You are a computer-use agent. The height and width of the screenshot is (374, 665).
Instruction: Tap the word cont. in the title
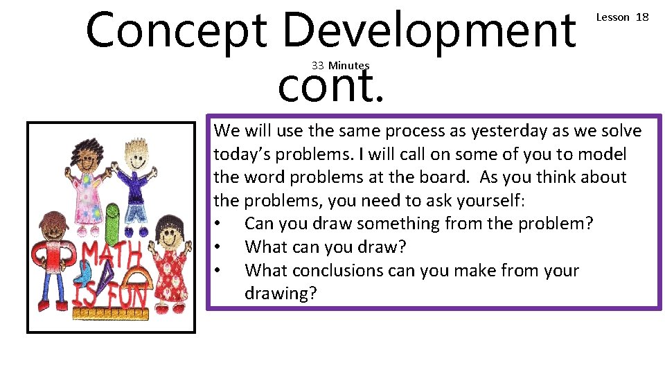click(330, 87)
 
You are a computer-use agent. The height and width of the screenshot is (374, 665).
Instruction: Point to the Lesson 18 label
click(622, 17)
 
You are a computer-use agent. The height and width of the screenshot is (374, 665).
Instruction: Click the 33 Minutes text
click(340, 65)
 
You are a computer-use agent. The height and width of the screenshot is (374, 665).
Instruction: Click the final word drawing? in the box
click(281, 294)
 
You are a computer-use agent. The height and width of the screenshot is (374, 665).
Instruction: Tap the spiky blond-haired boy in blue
click(134, 184)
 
